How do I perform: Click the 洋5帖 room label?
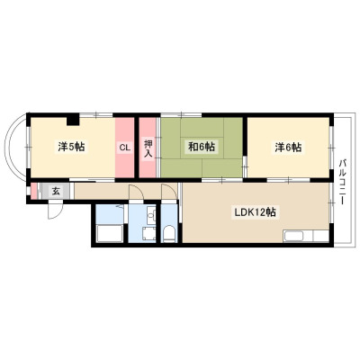pyautogui.click(x=71, y=147)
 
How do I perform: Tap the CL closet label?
pyautogui.click(x=125, y=148)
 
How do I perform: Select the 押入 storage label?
pyautogui.click(x=148, y=148)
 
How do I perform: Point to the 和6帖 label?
pyautogui.click(x=201, y=147)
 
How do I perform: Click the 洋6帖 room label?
pyautogui.click(x=289, y=148)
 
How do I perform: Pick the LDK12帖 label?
pyautogui.click(x=256, y=212)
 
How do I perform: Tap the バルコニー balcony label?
pyautogui.click(x=342, y=182)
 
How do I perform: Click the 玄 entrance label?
pyautogui.click(x=56, y=191)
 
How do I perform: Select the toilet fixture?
pyautogui.click(x=169, y=234)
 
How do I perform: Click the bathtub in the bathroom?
pyautogui.click(x=109, y=233)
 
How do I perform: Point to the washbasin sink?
pyautogui.click(x=152, y=214)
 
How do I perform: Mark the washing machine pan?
pyautogui.click(x=149, y=234)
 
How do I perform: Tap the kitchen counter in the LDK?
pyautogui.click(x=307, y=236)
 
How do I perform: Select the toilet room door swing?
pyautogui.click(x=168, y=192)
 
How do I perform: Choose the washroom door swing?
pyautogui.click(x=137, y=192)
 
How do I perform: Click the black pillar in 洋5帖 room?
pyautogui.click(x=73, y=120)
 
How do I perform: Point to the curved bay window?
pyautogui.click(x=13, y=148)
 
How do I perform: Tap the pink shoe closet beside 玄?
pyautogui.click(x=34, y=191)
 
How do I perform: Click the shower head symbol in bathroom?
pyautogui.click(x=121, y=206)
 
